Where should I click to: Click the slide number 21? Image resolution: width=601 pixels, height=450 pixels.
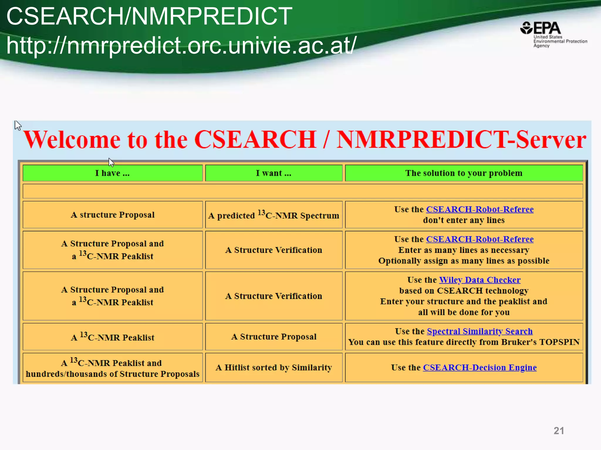point(559,431)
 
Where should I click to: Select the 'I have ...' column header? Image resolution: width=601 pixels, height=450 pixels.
point(112,173)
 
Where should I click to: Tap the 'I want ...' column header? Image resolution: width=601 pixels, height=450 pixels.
point(274,173)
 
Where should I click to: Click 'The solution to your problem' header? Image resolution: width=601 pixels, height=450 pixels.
point(464,173)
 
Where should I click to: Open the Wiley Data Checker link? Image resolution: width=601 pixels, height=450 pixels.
point(480,280)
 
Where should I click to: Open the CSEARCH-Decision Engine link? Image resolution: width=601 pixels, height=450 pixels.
point(480,368)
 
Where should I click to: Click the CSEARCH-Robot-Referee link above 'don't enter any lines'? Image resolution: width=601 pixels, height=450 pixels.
point(480,209)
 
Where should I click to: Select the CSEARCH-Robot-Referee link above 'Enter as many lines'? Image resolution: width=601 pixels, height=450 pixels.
point(480,239)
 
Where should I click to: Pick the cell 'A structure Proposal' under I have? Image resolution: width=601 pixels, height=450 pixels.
point(112,215)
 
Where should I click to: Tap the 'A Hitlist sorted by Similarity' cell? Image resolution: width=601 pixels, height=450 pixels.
point(274,368)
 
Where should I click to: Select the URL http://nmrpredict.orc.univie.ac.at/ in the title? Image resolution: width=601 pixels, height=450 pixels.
point(181,45)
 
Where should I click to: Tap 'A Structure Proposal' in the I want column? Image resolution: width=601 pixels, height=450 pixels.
point(274,337)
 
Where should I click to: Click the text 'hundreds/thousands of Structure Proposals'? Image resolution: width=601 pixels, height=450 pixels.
point(112,374)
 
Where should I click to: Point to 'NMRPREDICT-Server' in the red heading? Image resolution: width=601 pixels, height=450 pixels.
point(461,140)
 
